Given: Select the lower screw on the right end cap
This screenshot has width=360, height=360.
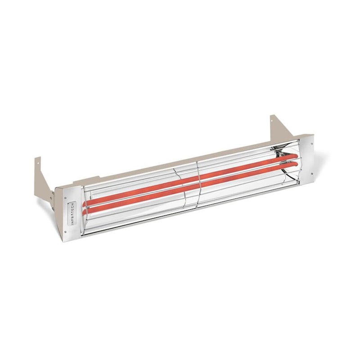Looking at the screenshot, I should [x=310, y=171].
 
